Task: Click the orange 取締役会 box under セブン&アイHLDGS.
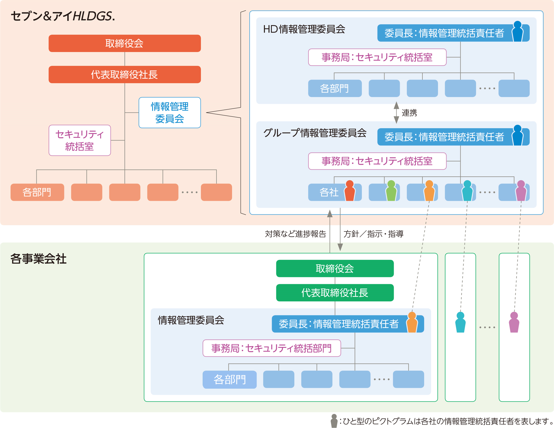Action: (x=125, y=43)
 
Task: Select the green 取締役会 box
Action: (x=335, y=268)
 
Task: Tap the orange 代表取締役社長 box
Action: (x=125, y=74)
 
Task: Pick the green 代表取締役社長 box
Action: (x=335, y=293)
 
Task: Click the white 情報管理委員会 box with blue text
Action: (x=169, y=113)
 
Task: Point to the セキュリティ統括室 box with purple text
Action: (x=80, y=140)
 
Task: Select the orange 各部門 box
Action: (x=37, y=192)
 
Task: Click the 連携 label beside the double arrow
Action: (x=409, y=113)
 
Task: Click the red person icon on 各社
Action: (x=350, y=191)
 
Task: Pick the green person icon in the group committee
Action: (x=391, y=191)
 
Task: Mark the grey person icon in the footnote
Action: (x=334, y=421)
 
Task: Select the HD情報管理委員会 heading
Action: (x=304, y=29)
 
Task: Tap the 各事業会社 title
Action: (x=38, y=259)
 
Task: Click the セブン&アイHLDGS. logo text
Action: (x=63, y=16)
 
